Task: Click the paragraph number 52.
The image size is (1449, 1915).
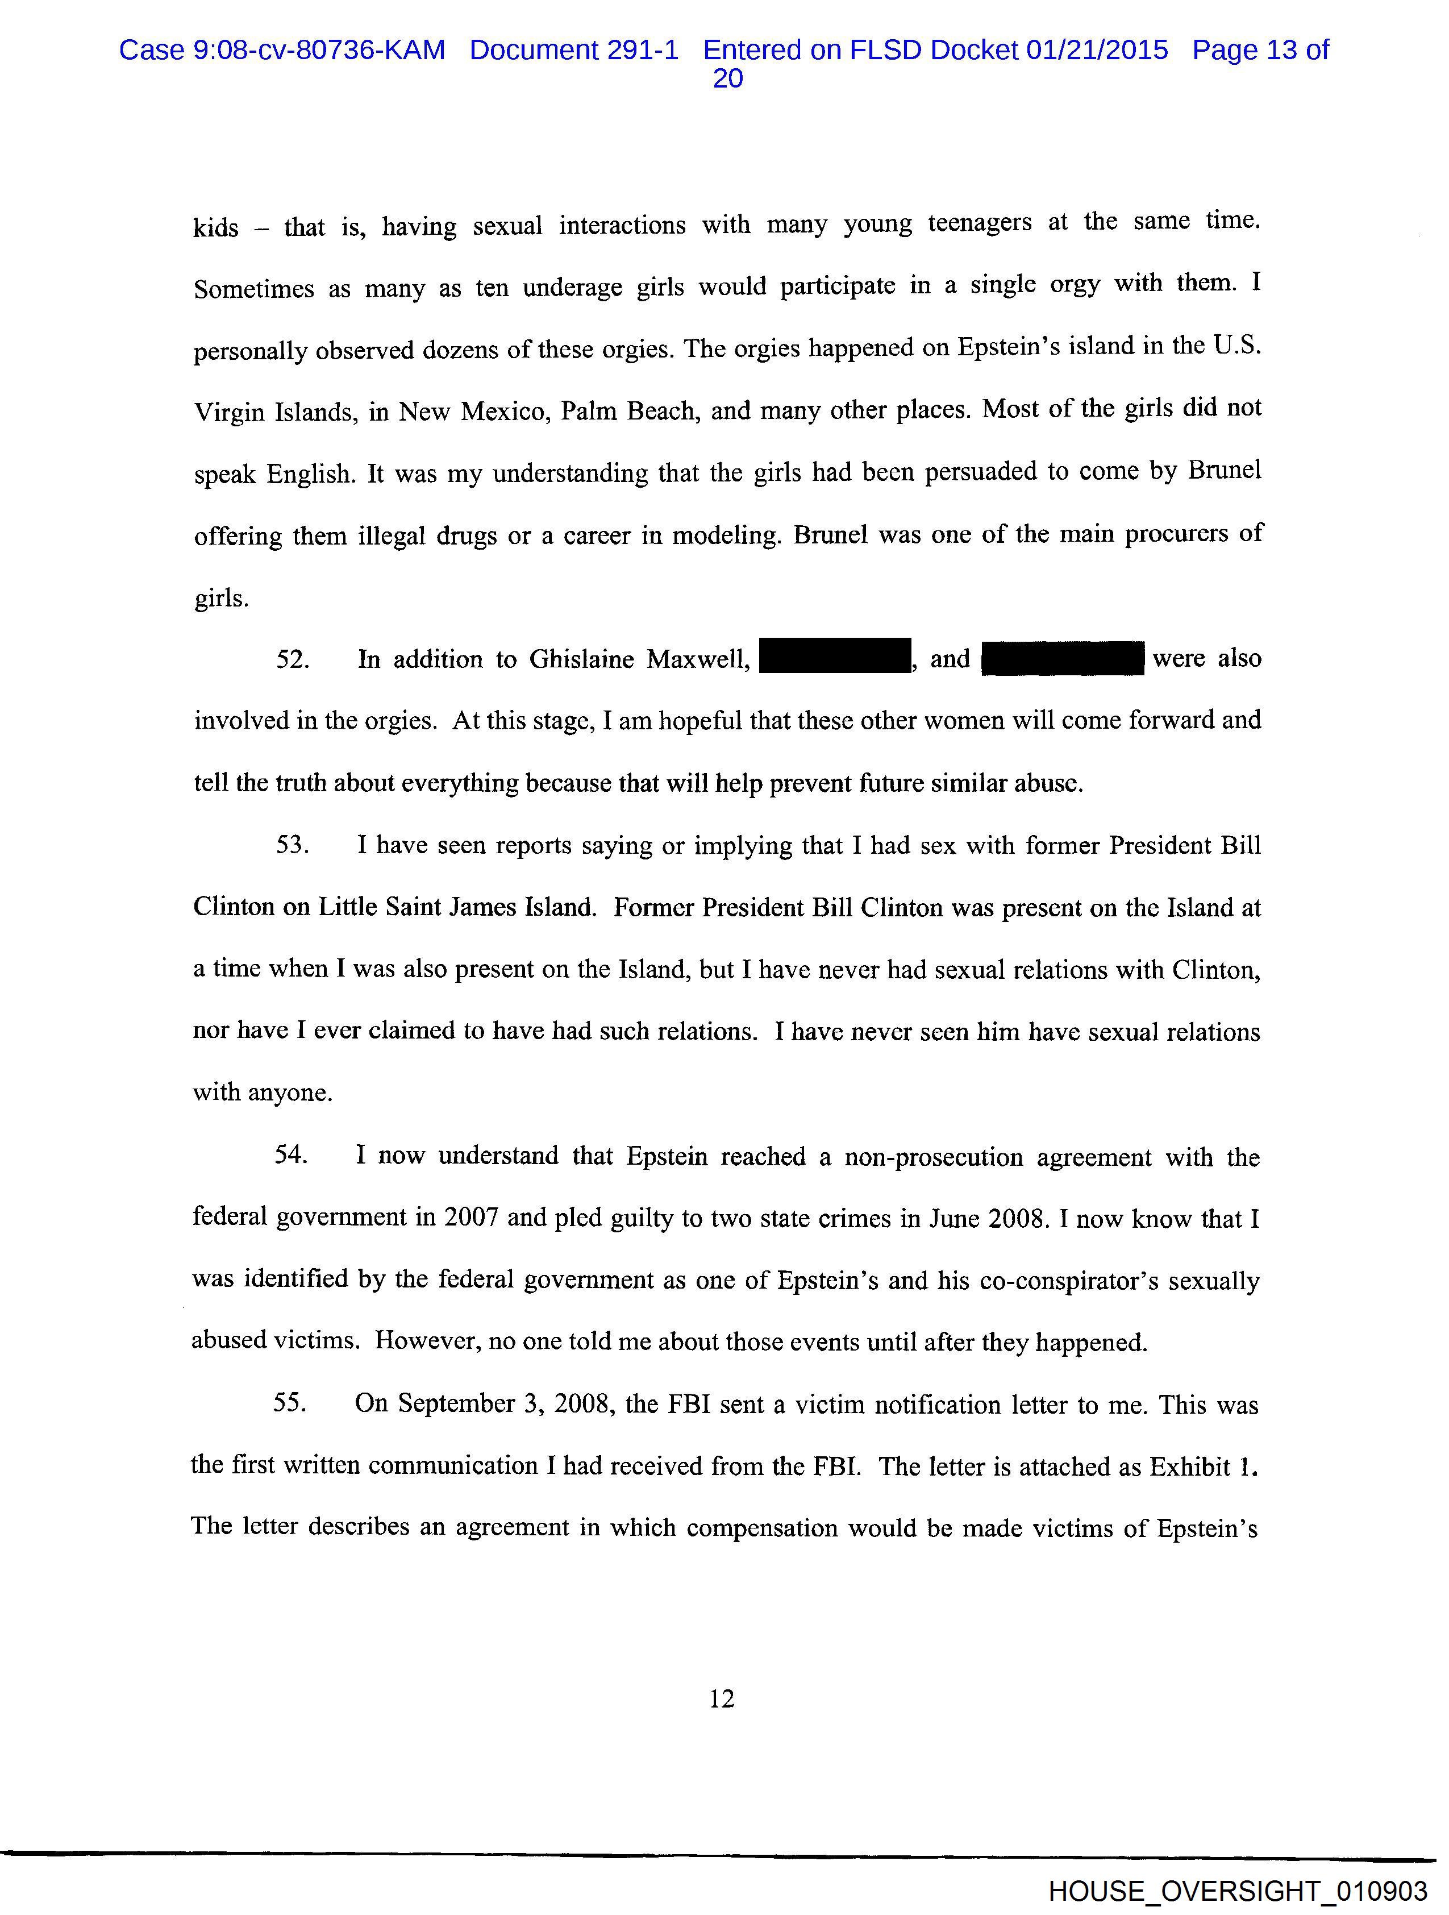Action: tap(292, 660)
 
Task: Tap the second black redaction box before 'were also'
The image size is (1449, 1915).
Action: tap(1063, 659)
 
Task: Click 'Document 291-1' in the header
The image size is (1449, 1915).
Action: tap(574, 50)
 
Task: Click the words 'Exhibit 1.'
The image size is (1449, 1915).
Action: tap(1203, 1466)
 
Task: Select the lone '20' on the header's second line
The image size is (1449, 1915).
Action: tap(727, 79)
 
